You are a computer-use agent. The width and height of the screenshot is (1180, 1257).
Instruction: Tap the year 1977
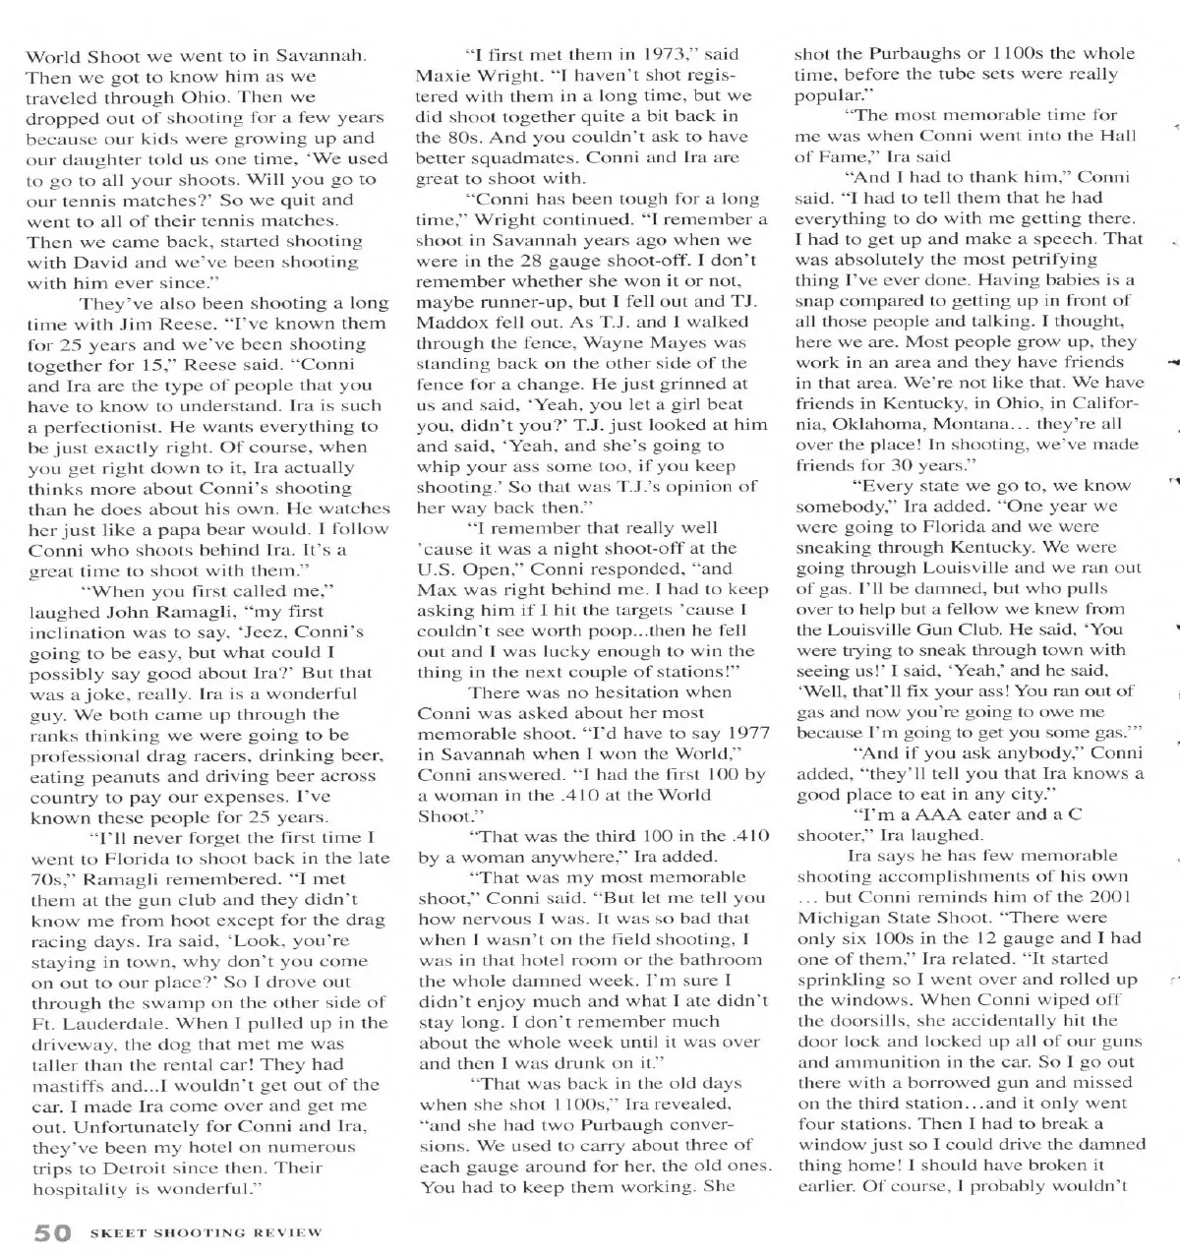pos(748,733)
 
